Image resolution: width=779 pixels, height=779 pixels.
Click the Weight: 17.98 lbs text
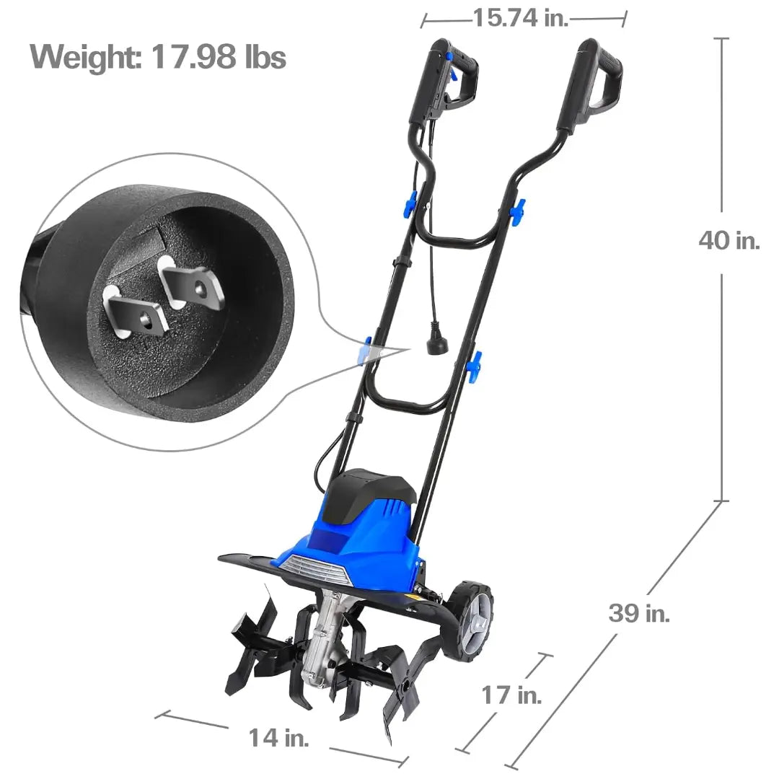click(158, 57)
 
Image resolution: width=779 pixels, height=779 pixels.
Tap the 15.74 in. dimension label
click(520, 18)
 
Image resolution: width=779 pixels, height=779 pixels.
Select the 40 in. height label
click(729, 240)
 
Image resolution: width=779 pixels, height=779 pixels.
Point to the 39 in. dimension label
click(639, 612)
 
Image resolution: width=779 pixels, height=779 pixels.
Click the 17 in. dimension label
click(511, 695)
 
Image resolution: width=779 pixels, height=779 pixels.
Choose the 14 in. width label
click(278, 737)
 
